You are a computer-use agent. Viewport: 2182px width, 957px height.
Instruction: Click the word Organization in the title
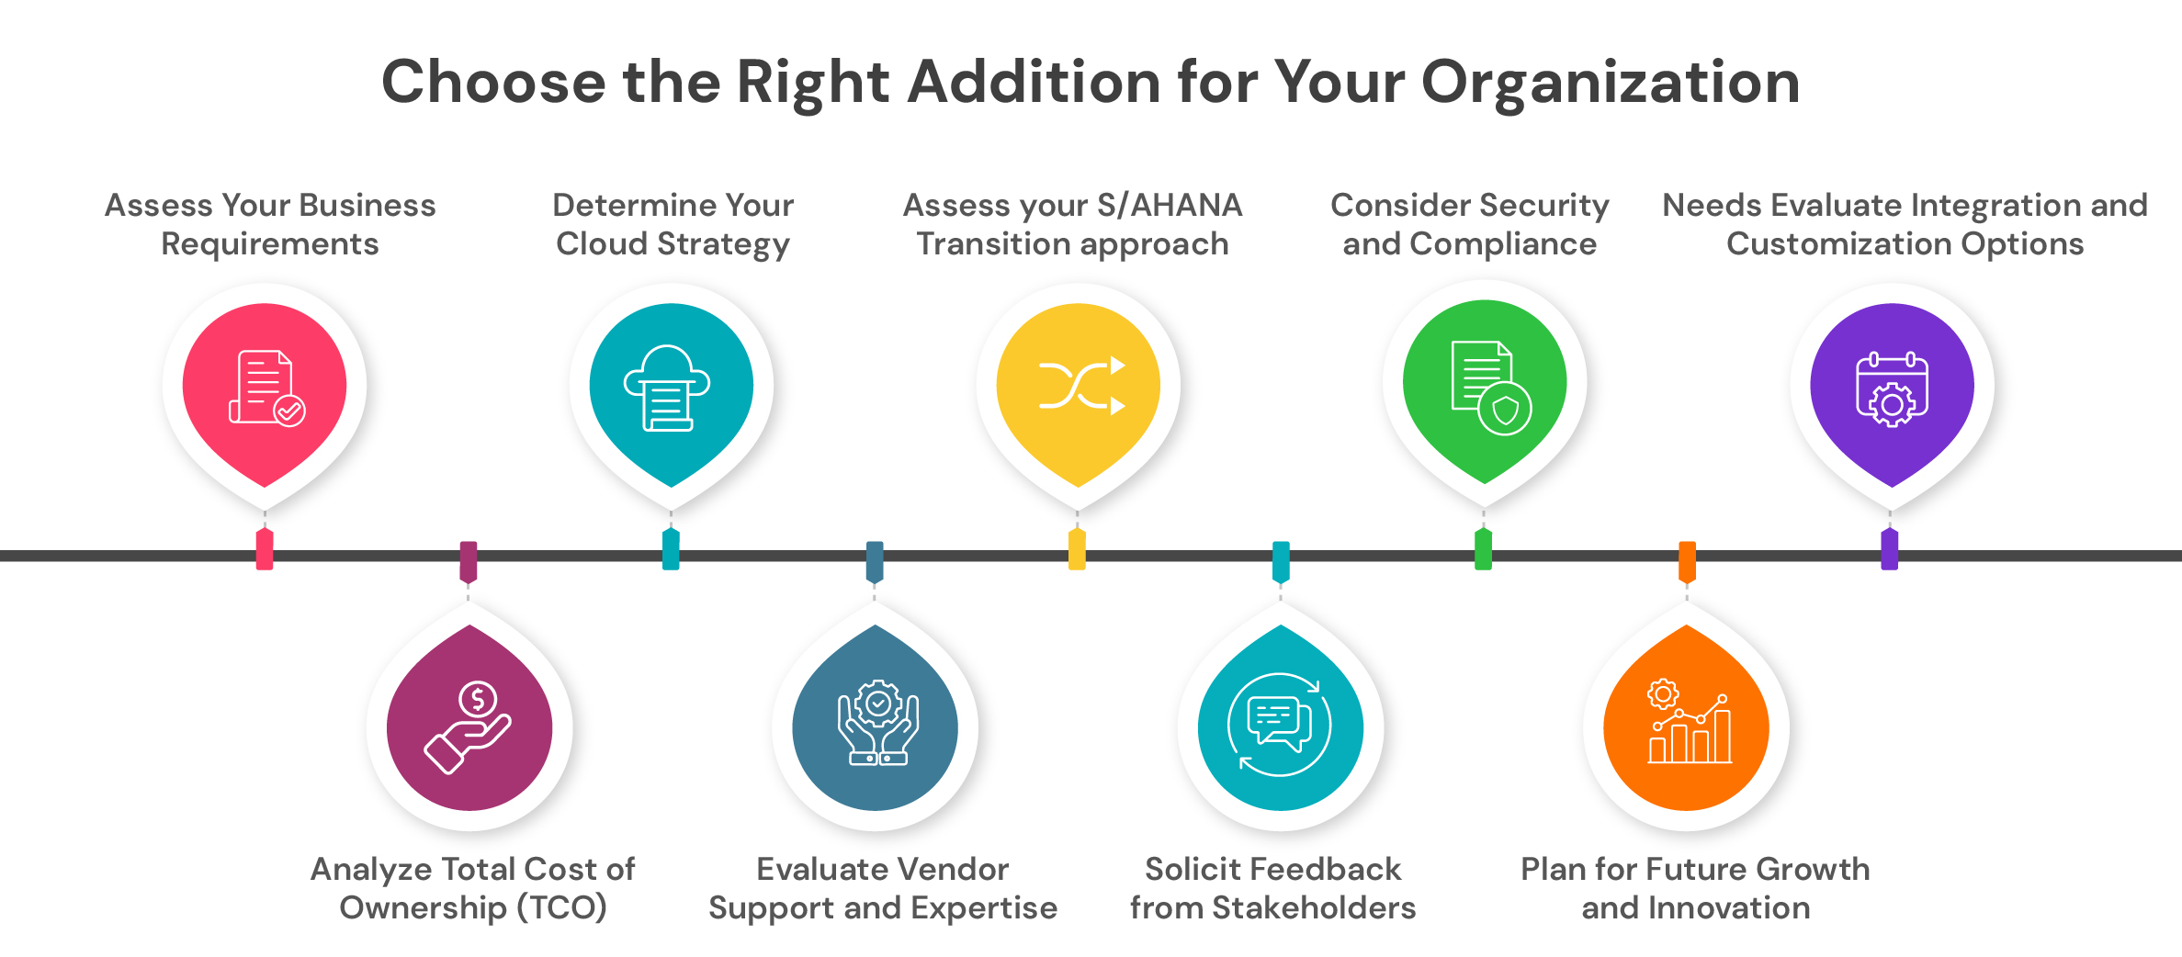(x=1610, y=83)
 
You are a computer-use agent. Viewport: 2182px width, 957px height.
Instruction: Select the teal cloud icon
(x=668, y=388)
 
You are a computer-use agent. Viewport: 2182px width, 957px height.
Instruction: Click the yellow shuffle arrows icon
(x=1080, y=386)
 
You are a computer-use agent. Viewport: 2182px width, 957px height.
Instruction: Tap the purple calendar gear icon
(x=1892, y=389)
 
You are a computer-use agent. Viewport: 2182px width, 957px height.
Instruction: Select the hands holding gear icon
(x=877, y=723)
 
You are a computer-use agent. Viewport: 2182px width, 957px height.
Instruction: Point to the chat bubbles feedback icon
(x=1280, y=724)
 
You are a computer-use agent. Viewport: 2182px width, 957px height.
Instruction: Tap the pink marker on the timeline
(x=265, y=549)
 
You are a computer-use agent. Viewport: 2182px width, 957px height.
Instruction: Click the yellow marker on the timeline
(x=1077, y=549)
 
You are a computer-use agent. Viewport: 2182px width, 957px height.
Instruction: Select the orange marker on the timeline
(x=1687, y=561)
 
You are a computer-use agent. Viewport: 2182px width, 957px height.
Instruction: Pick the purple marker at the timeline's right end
(x=1889, y=549)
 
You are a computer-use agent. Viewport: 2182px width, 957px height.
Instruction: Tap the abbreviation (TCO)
(x=561, y=907)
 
